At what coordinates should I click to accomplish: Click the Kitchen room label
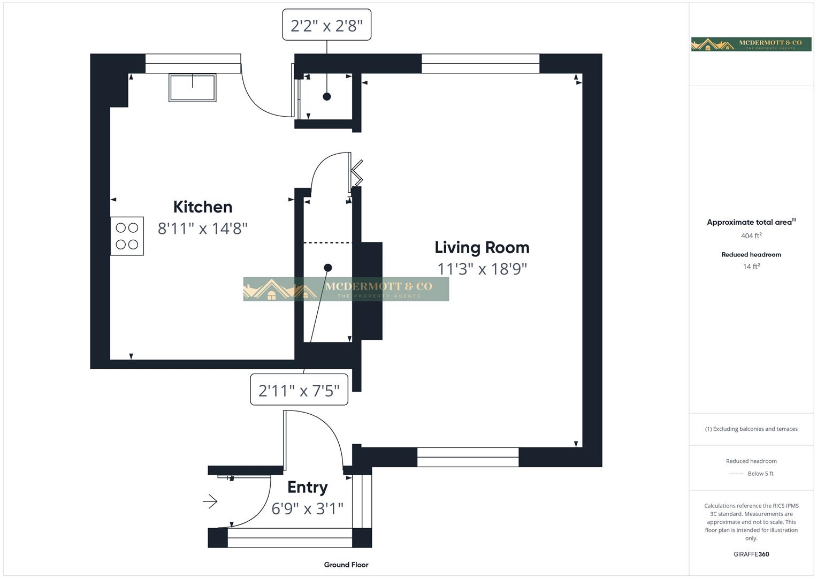pyautogui.click(x=202, y=207)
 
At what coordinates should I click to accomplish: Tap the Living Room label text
pyautogui.click(x=482, y=247)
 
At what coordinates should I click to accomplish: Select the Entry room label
pyautogui.click(x=307, y=487)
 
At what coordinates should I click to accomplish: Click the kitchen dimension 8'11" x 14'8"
pyautogui.click(x=202, y=229)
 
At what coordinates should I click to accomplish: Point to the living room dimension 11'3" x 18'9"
pyautogui.click(x=482, y=269)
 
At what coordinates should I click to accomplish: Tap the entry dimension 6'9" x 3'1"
pyautogui.click(x=307, y=508)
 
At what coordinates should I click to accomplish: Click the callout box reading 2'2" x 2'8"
pyautogui.click(x=326, y=25)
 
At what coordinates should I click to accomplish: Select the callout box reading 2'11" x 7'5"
pyautogui.click(x=299, y=390)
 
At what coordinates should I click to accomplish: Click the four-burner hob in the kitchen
pyautogui.click(x=127, y=236)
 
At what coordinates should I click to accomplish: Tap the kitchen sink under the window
pyautogui.click(x=193, y=88)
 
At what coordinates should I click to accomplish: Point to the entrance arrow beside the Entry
pyautogui.click(x=210, y=501)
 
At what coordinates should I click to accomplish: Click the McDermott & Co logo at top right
pyautogui.click(x=751, y=44)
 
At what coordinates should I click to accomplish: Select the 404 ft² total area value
pyautogui.click(x=751, y=236)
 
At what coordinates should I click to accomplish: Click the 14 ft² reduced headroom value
pyautogui.click(x=751, y=267)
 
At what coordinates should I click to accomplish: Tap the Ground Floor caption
pyautogui.click(x=346, y=565)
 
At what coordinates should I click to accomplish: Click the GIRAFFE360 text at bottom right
pyautogui.click(x=751, y=554)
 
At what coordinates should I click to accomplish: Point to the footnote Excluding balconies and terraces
pyautogui.click(x=751, y=429)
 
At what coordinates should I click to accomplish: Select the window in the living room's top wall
pyautogui.click(x=480, y=64)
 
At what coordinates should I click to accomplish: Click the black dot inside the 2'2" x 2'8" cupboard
pyautogui.click(x=326, y=97)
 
